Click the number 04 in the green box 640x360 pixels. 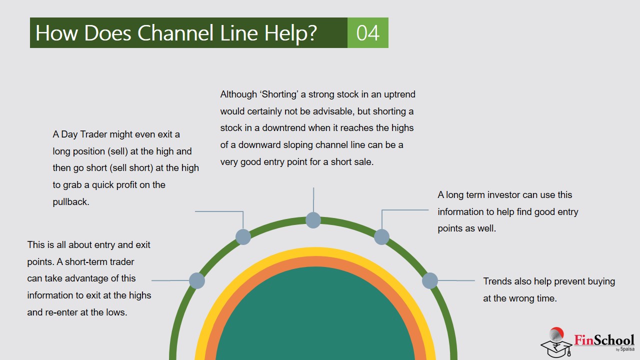tap(367, 33)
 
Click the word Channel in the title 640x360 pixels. tap(175, 33)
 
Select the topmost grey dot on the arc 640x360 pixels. tap(313, 220)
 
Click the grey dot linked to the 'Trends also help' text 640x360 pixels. tap(430, 280)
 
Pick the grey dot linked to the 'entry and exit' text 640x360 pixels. tap(197, 280)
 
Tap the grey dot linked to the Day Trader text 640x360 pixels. tap(243, 236)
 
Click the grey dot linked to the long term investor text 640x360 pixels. tap(381, 236)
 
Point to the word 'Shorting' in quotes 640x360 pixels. tap(279, 94)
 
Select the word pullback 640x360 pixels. tap(71, 202)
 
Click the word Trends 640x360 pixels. tap(497, 281)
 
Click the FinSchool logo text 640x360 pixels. tap(604, 340)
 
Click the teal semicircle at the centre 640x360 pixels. tap(315, 320)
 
